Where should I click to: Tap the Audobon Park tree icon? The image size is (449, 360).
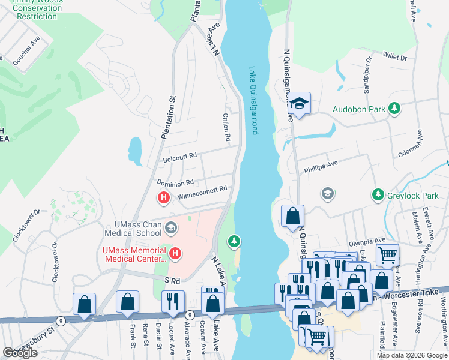pos(394,108)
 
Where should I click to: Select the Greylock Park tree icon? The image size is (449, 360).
pos(378,194)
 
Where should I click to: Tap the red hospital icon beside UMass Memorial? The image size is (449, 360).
pos(175,254)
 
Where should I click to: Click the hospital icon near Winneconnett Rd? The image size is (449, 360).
pos(163,197)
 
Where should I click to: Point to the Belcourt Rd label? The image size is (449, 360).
pos(180,156)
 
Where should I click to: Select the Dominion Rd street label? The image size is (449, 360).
pos(175,182)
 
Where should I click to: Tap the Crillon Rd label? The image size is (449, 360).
pos(227,128)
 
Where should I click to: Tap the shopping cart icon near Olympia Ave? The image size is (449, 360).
pos(387,255)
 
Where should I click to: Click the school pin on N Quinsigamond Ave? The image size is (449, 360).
pos(298,104)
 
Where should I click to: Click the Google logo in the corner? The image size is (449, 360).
pos(20,353)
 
